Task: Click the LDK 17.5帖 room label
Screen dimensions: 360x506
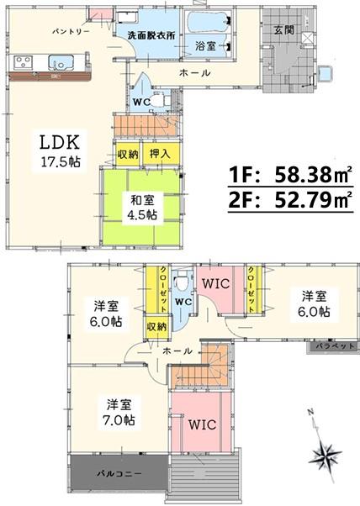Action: [60, 151]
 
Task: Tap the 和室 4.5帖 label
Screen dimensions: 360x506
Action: [143, 207]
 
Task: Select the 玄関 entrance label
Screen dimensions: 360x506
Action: [284, 30]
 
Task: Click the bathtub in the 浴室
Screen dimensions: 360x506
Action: [209, 22]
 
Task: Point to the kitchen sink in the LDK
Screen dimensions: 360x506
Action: [61, 62]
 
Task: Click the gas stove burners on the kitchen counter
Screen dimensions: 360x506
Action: [24, 62]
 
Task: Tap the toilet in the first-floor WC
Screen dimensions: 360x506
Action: [161, 101]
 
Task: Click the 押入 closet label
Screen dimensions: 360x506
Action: [160, 154]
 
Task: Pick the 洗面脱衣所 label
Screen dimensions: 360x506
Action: [151, 35]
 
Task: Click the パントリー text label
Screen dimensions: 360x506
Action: [71, 32]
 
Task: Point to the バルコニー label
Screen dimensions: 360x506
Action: [119, 474]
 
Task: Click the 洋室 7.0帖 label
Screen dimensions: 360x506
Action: [119, 412]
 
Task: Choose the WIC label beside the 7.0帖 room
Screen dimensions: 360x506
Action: [203, 424]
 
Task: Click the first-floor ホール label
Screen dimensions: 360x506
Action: [194, 73]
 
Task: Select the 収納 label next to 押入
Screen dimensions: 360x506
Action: [128, 155]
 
